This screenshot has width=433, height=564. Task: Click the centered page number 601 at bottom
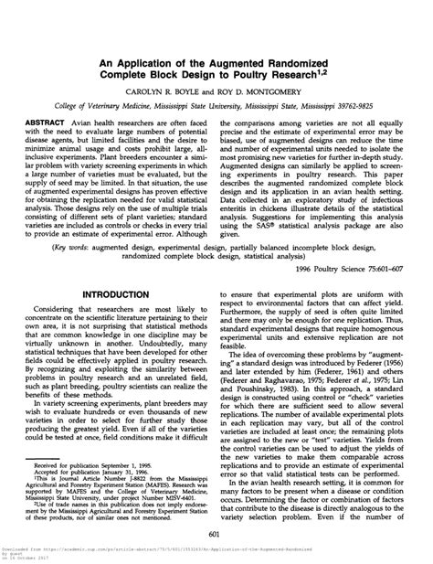216,534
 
